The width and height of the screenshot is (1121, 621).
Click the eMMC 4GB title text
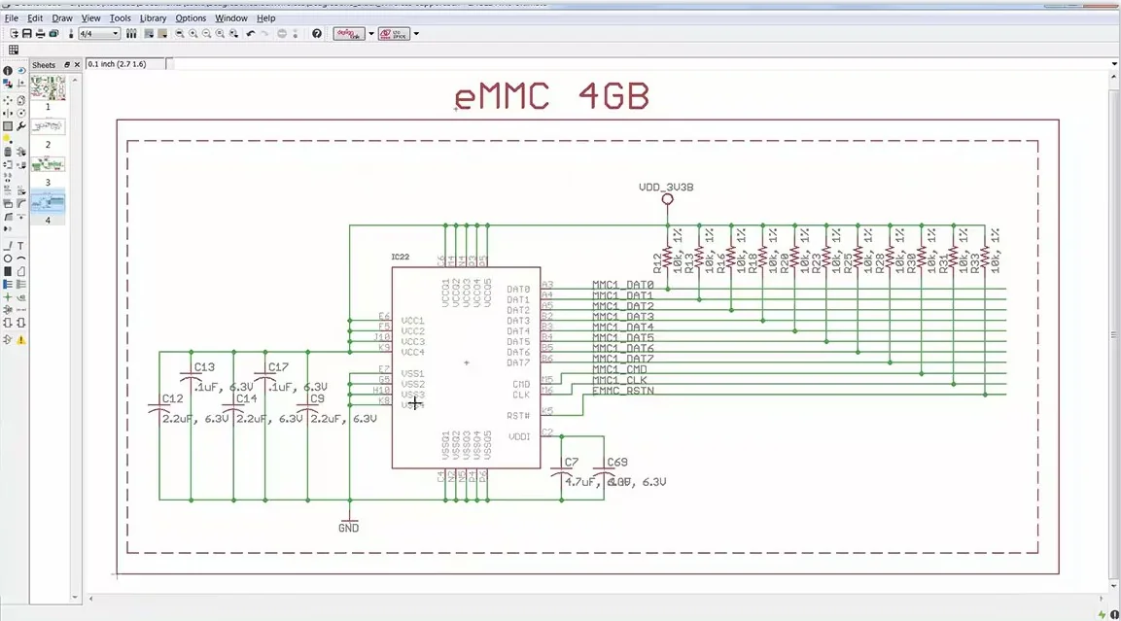551,97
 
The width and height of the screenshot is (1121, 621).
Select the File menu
12,17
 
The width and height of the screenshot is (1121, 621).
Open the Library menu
153,17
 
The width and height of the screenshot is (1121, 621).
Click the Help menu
265,17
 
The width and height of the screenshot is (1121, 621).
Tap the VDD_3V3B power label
666,187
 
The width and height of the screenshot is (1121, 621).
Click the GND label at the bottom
348,528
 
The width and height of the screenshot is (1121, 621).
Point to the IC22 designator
401,258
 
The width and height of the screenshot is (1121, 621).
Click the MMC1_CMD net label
620,369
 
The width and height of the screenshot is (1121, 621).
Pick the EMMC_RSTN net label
623,391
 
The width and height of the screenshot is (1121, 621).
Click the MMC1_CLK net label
620,380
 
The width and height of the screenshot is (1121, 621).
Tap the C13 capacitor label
204,367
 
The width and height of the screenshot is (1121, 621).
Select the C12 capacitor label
172,398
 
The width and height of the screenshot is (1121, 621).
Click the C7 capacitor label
571,462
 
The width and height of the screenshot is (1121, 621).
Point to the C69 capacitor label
617,462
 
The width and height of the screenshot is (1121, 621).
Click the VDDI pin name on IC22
519,436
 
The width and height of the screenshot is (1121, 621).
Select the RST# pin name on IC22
519,415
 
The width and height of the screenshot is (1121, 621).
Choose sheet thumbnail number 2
48,127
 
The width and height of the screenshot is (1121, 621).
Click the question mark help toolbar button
317,34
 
